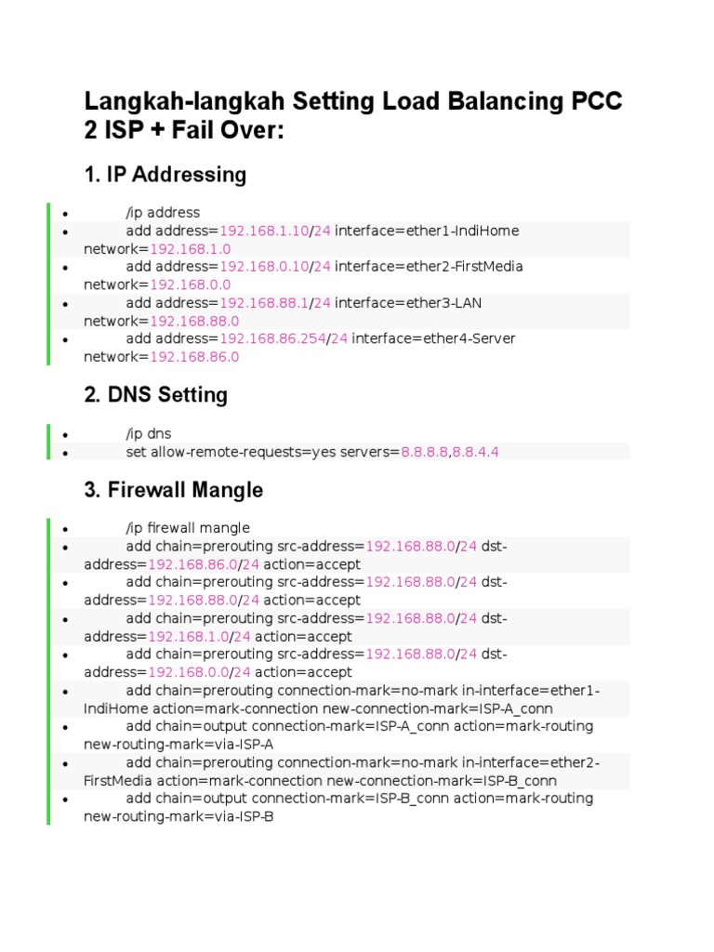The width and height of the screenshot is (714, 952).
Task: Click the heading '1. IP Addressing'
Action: point(165,175)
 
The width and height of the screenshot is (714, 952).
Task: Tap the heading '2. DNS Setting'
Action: point(155,395)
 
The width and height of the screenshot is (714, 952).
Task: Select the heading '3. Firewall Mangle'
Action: point(173,490)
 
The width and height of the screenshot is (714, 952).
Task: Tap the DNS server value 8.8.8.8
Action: point(425,452)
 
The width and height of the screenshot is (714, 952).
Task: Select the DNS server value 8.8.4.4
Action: point(476,452)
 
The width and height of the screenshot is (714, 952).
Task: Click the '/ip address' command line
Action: point(163,213)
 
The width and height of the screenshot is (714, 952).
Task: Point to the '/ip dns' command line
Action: point(149,434)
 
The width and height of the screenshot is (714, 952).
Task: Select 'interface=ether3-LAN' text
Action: point(408,303)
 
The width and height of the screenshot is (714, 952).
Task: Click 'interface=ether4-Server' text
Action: point(433,338)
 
